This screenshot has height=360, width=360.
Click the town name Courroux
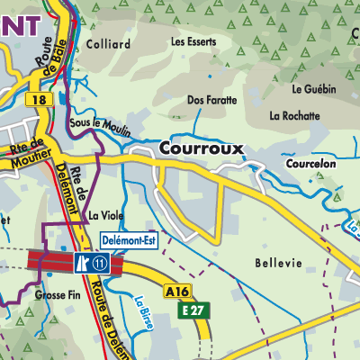[x=201, y=148]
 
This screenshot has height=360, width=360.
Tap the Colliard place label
[x=109, y=43]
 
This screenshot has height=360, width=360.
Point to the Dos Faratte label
[x=212, y=100]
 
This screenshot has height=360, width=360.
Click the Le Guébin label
[x=313, y=89]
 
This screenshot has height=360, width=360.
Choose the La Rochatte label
[x=294, y=116]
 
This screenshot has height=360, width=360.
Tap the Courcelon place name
[x=310, y=165]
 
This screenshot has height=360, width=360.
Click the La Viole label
[x=105, y=216]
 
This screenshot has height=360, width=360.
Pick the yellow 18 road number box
[x=37, y=100]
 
